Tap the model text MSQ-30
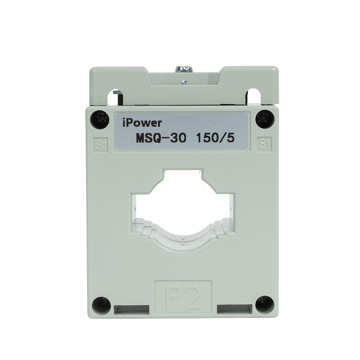point(161,138)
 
